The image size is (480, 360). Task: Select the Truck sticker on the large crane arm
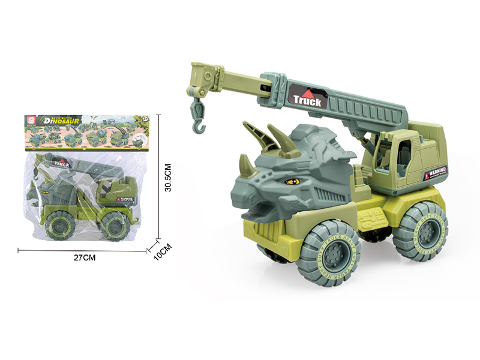click(x=307, y=98)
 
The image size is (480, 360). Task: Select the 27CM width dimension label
click(x=85, y=257)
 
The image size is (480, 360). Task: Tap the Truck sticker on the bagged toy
click(x=61, y=162)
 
